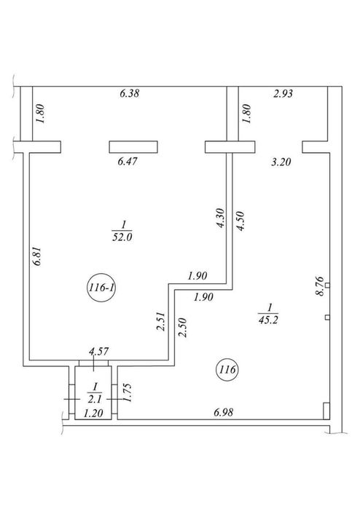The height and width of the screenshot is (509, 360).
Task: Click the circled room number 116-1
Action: click(102, 288)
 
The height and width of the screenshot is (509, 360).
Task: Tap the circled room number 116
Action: click(227, 369)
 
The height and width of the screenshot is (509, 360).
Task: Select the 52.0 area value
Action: click(122, 237)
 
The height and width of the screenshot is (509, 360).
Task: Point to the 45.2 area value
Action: click(269, 320)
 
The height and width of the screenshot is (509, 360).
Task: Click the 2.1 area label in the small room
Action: click(95, 398)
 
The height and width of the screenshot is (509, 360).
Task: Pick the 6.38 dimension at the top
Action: click(129, 93)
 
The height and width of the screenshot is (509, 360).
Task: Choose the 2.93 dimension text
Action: click(283, 93)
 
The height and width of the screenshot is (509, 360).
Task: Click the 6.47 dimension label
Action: click(128, 162)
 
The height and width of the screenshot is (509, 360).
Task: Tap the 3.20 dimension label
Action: click(281, 162)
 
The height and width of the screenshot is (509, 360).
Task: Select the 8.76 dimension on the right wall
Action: click(320, 286)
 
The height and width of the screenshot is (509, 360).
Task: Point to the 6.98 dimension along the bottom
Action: click(224, 412)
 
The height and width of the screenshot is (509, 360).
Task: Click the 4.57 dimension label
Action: click(99, 352)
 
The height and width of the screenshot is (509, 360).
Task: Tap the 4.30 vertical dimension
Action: click(220, 218)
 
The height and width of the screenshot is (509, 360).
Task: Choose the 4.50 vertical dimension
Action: click(240, 221)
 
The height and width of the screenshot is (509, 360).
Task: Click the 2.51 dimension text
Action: click(161, 321)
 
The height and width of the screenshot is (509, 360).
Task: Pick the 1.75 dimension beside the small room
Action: click(127, 392)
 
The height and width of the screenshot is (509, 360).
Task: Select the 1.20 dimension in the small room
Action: click(93, 413)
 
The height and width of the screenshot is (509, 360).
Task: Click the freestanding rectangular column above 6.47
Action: click(133, 146)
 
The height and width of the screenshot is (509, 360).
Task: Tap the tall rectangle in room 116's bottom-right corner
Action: click(326, 411)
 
